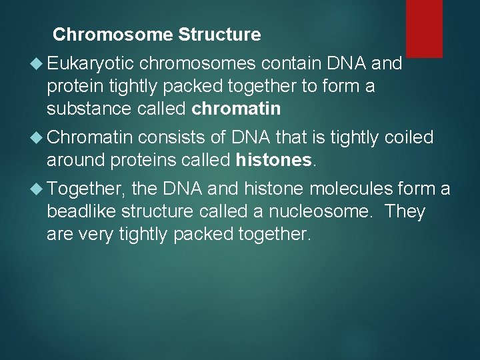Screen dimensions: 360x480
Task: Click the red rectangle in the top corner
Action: point(424,28)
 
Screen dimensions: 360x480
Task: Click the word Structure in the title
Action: point(223,34)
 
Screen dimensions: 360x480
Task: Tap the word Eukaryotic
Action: point(91,63)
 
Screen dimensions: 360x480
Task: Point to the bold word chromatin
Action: point(236,109)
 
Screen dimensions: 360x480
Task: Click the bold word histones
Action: point(273,161)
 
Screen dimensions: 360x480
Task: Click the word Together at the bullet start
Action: point(87,190)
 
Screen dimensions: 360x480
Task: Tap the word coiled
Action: point(409,138)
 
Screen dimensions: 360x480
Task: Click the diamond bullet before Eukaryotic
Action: point(37,64)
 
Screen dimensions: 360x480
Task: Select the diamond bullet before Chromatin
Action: point(37,139)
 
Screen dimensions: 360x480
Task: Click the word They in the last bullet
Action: point(405,213)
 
